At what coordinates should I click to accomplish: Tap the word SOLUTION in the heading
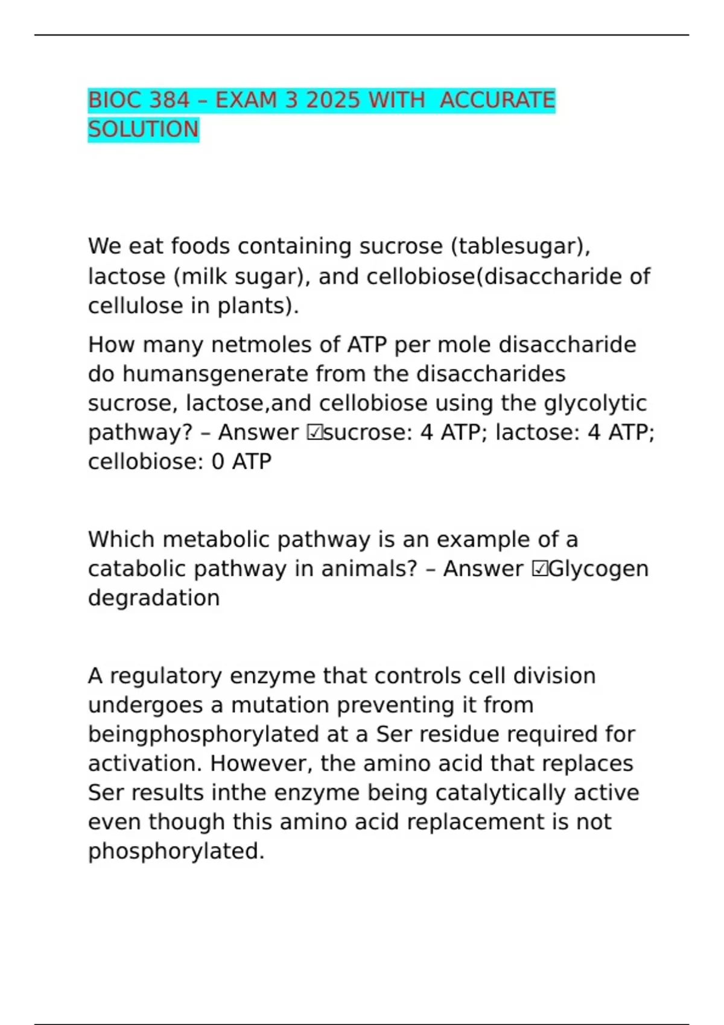(143, 129)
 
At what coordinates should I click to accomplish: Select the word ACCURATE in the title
(497, 100)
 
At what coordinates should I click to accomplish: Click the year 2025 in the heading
(334, 100)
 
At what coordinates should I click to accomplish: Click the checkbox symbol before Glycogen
(539, 569)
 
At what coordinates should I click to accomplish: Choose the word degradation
(154, 598)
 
